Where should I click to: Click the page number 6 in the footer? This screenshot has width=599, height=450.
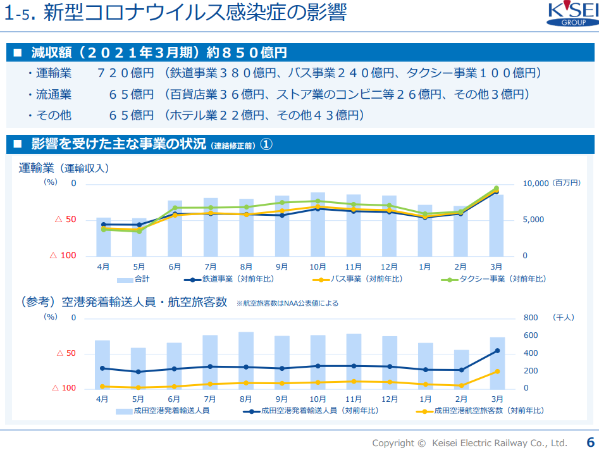pos(590,442)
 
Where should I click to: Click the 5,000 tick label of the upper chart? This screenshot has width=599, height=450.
pos(533,220)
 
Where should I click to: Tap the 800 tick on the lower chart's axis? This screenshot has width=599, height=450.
pos(529,318)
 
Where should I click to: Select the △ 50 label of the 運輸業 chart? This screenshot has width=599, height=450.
pos(65,220)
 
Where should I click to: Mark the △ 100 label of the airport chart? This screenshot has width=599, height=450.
pos(63,388)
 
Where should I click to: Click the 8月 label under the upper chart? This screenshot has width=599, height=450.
pos(246,267)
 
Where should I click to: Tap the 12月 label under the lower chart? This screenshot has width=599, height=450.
pos(390,399)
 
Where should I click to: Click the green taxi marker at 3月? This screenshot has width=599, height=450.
pos(497,188)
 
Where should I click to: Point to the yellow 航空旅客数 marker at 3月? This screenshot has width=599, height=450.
pos(497,372)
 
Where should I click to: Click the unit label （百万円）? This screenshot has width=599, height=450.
pos(566,184)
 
